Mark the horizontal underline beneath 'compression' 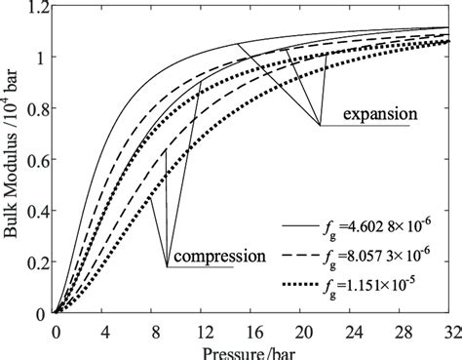click(x=200, y=267)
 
